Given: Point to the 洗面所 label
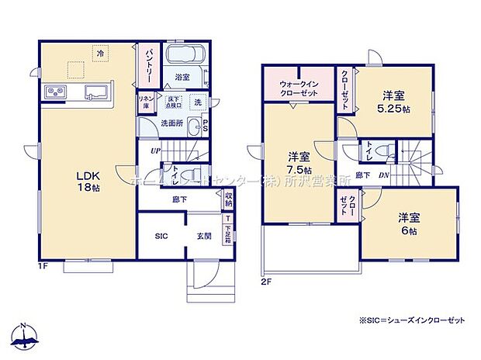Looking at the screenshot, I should (173, 122).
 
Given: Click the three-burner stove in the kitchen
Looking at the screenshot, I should (55, 92).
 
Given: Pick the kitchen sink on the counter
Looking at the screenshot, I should (94, 91).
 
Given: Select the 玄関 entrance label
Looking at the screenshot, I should (203, 235).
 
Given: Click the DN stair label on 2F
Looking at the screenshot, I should (386, 175).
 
